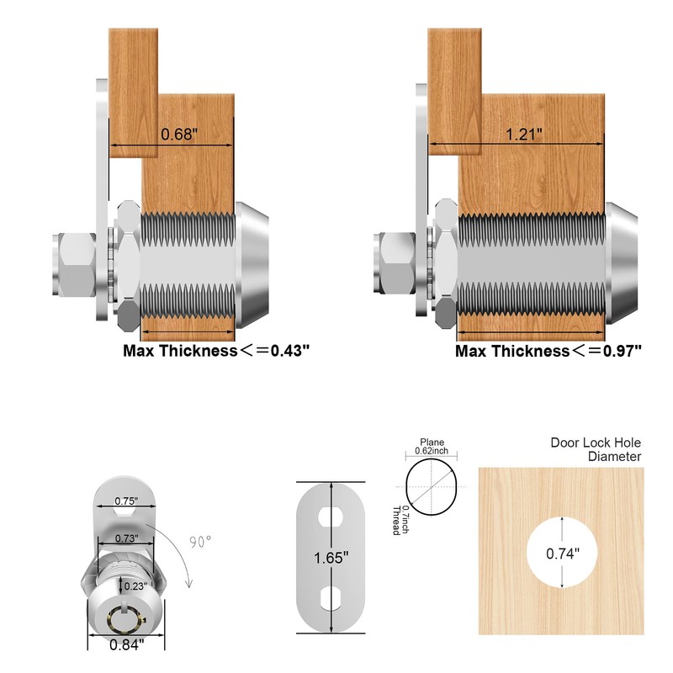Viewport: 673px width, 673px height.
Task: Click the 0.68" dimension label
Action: pyautogui.click(x=178, y=135)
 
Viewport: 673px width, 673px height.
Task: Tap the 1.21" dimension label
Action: pyautogui.click(x=523, y=135)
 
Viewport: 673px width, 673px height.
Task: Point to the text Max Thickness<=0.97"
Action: pyautogui.click(x=548, y=351)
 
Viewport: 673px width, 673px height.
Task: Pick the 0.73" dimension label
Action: pyautogui.click(x=125, y=538)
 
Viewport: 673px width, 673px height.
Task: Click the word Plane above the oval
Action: pyautogui.click(x=431, y=442)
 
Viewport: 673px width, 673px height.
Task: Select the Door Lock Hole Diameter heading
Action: pyautogui.click(x=596, y=449)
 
